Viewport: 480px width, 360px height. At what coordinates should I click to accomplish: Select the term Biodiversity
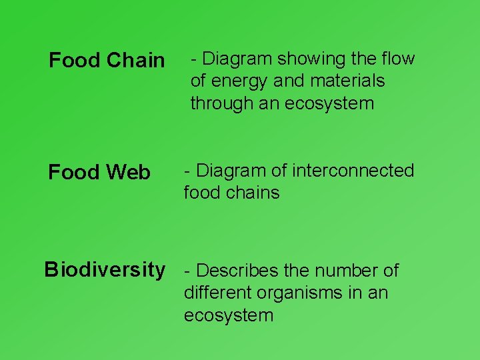(104, 269)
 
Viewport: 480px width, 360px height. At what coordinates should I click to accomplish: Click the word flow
(399, 59)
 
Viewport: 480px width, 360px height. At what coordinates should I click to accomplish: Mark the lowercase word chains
(253, 193)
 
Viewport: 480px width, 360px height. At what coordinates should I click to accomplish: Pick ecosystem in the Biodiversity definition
(229, 315)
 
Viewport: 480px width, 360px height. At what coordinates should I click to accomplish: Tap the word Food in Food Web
(71, 173)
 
